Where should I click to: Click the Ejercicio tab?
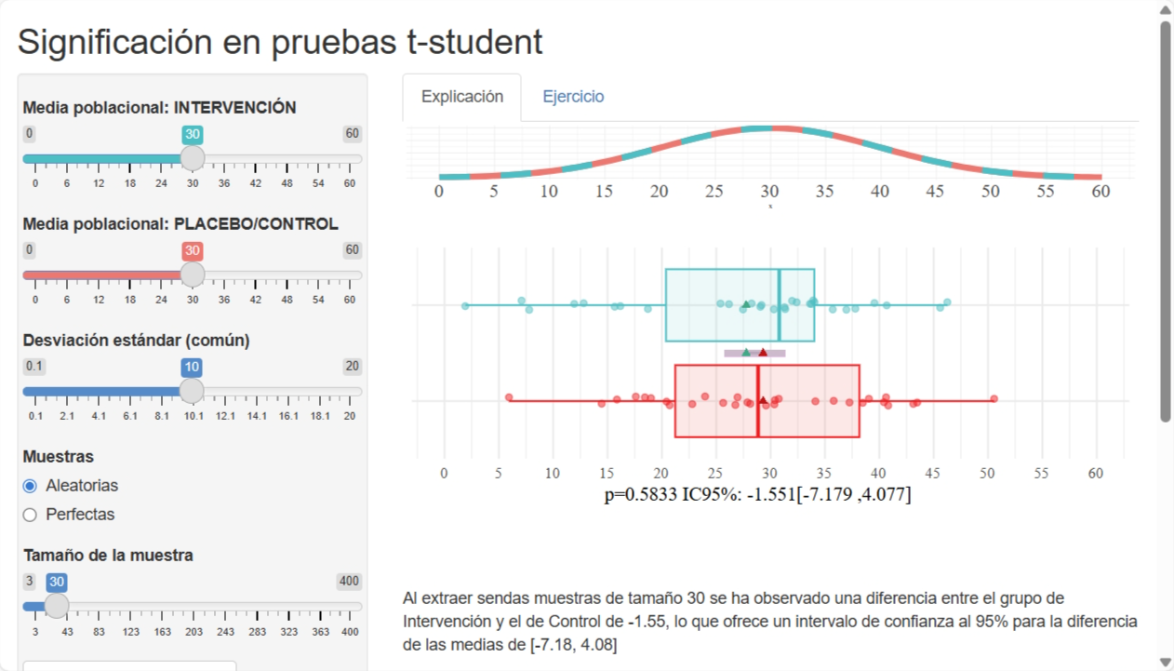pos(573,97)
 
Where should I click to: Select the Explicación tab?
pos(462,97)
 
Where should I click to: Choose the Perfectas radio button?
pos(30,515)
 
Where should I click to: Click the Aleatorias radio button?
pos(30,486)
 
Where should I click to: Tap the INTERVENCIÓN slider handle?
pos(193,158)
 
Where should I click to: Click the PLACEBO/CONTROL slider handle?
pos(193,275)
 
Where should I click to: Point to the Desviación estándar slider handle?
pos(192,391)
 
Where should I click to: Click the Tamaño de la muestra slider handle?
pos(57,606)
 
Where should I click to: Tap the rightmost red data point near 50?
pos(994,398)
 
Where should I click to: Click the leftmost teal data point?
pos(465,305)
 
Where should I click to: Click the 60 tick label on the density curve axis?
pos(1101,192)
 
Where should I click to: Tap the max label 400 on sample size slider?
pos(349,582)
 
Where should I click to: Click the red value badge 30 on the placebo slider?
pos(193,251)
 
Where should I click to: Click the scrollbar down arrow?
pos(1165,662)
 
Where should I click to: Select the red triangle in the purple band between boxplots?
pos(763,353)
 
